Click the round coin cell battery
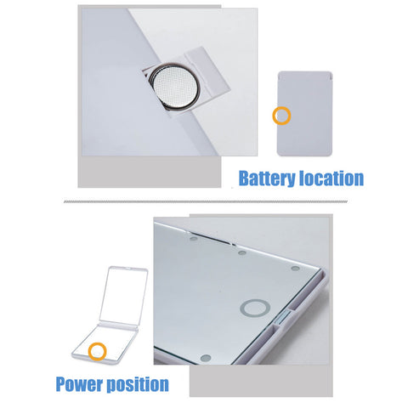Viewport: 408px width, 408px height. pyautogui.click(x=174, y=87)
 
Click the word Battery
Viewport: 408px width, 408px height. pyautogui.click(x=267, y=178)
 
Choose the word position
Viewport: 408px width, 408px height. pyautogui.click(x=138, y=384)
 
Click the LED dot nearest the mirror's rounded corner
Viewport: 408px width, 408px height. pyautogui.click(x=295, y=269)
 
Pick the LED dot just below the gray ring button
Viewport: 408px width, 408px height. pyautogui.click(x=206, y=358)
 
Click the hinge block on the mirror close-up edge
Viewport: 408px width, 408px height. pyautogui.click(x=283, y=318)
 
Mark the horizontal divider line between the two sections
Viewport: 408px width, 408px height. pyautogui.click(x=206, y=201)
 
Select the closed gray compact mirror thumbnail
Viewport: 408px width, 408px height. pyautogui.click(x=304, y=114)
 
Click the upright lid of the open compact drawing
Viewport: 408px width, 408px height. pyautogui.click(x=124, y=296)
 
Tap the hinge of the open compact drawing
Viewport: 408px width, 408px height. pyautogui.click(x=117, y=326)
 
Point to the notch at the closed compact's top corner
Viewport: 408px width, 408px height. pyautogui.click(x=331, y=76)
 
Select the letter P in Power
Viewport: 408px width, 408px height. pyautogui.click(x=61, y=384)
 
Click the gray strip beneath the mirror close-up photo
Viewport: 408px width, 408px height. pyautogui.click(x=261, y=381)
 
